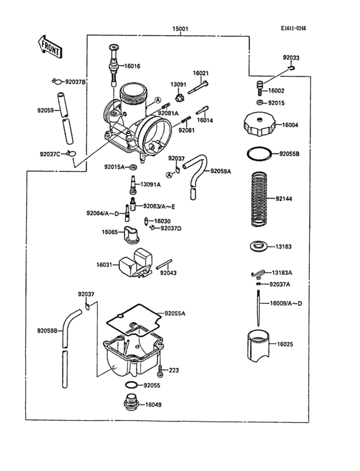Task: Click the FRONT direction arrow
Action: [50, 44]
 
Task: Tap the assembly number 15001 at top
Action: [180, 29]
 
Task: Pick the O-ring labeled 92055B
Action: [258, 154]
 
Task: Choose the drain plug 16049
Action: [130, 406]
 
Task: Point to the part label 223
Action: [174, 370]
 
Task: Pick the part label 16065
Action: [110, 232]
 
